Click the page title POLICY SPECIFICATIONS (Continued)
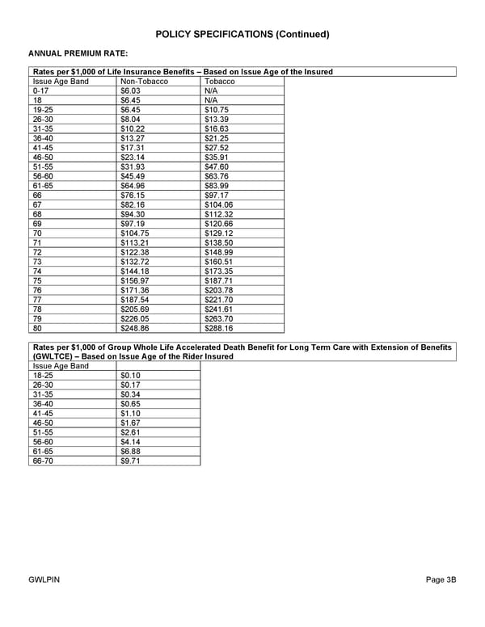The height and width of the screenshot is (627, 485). coord(242,34)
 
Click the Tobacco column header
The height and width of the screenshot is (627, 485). coord(220,82)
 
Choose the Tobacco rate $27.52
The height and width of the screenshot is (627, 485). coord(217,148)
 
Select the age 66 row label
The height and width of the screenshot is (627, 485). coord(37,196)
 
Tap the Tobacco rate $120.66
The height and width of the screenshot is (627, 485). coord(219,224)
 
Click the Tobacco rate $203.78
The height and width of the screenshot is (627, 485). coord(219,290)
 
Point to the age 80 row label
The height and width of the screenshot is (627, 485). coord(37,328)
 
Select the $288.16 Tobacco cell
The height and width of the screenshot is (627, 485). coord(219,328)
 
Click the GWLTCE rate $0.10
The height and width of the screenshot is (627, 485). coord(130,376)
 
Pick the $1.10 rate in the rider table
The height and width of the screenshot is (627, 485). coord(130,414)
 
